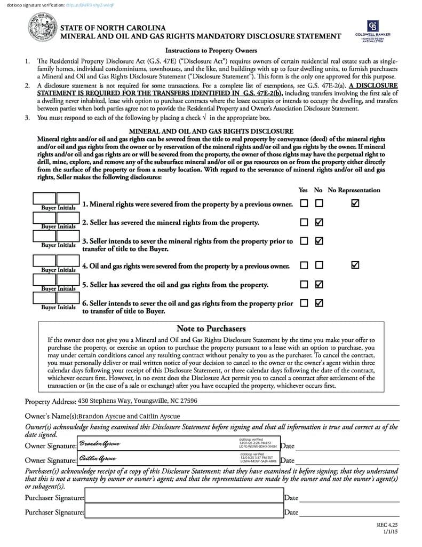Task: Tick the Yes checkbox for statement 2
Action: [304, 222]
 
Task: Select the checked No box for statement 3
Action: [319, 241]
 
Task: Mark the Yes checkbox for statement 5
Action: [304, 284]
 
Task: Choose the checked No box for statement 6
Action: [319, 303]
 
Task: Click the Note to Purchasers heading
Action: [211, 329]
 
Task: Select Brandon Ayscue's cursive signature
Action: [100, 444]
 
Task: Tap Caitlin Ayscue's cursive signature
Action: [98, 458]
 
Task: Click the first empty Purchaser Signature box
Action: [184, 497]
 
